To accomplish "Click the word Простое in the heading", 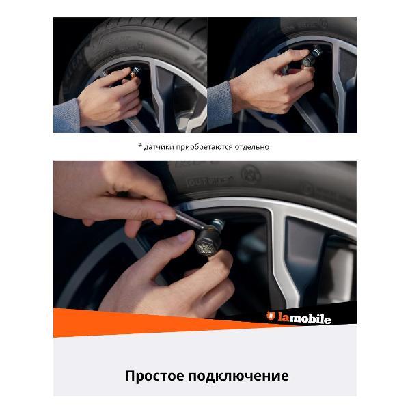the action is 155,376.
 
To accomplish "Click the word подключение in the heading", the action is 238,377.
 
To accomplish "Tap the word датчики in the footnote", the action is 159,147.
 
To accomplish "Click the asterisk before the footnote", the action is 140,146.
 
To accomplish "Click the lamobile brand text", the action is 304,318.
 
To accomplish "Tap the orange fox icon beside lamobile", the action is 271,316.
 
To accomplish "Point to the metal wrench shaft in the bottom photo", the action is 189,220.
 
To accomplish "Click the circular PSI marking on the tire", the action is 251,174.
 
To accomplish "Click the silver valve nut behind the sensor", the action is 219,223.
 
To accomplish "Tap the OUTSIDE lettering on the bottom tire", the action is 210,181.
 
